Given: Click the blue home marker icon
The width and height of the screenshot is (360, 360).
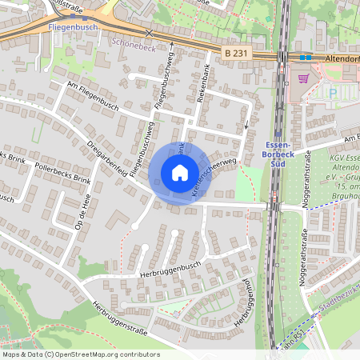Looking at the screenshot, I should point(179,173).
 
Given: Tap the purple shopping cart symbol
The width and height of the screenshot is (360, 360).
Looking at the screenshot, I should point(303,78).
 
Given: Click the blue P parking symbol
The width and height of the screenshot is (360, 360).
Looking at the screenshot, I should point(333,93).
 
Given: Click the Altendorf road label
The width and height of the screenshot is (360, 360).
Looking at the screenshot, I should point(342,58).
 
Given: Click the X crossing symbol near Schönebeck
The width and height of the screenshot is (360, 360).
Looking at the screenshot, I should point(148,33).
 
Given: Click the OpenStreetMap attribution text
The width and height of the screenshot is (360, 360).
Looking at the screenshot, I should point(80,354).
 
